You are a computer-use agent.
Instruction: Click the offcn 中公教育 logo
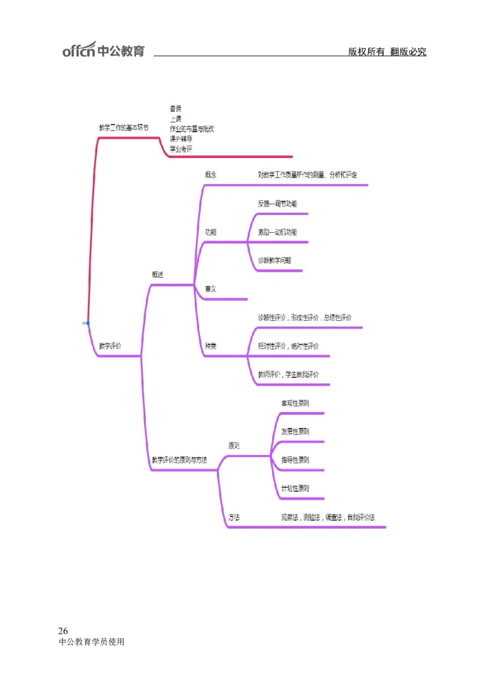point(103,50)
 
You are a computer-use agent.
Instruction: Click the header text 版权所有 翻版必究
point(387,52)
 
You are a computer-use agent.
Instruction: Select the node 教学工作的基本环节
point(123,128)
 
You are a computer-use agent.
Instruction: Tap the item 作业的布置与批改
point(192,129)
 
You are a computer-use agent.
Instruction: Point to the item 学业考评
point(181,149)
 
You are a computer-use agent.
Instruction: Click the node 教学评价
point(110,346)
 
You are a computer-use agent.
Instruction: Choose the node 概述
point(157,275)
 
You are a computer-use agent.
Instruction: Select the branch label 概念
point(211,175)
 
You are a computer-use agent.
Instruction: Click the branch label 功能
point(211,232)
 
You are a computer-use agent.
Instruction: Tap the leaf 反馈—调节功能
point(278,204)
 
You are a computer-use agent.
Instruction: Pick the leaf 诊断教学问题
point(275,260)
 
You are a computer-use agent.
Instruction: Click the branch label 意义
point(211,289)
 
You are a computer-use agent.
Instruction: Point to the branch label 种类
point(211,346)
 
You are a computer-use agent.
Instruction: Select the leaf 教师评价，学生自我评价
point(289,374)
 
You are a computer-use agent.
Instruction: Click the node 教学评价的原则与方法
point(179,460)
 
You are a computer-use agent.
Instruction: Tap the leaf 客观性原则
point(295,403)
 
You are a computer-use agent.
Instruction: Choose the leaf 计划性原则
point(295,488)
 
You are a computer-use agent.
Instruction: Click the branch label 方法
point(234,517)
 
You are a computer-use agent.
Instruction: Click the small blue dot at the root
point(87,323)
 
